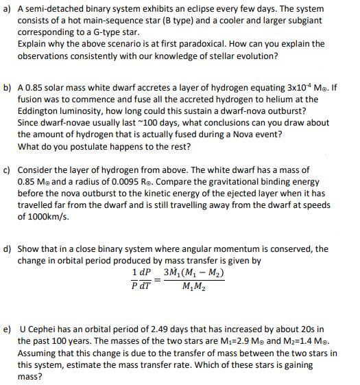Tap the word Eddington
pos(43,100)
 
